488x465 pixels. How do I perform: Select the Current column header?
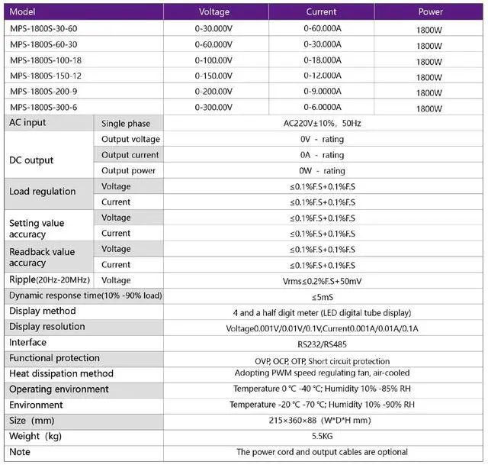coord(321,12)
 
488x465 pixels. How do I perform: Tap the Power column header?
coord(429,12)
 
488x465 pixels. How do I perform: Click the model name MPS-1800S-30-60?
coord(43,28)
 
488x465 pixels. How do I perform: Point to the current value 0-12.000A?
coord(321,76)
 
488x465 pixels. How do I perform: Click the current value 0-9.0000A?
coord(321,92)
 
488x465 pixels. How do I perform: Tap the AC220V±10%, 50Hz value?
coord(322,123)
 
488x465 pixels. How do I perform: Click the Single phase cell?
coord(126,124)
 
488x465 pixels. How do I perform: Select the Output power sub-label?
coord(130,170)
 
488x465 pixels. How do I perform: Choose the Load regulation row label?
coord(42,192)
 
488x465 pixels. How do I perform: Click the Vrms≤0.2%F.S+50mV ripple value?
coord(322,280)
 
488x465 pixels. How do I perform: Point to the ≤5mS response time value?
coord(322,296)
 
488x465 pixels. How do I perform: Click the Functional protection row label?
coord(54,358)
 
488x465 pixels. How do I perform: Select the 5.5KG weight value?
coord(322,437)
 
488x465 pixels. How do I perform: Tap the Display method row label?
coord(42,312)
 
